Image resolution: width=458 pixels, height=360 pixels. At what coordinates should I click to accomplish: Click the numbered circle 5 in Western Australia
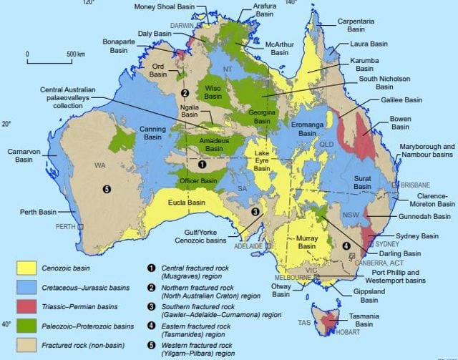coord(107,189)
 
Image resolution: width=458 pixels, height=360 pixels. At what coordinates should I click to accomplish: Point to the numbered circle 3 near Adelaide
coord(254,211)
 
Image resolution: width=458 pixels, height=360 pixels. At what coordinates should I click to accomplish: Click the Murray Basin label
coord(306,241)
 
